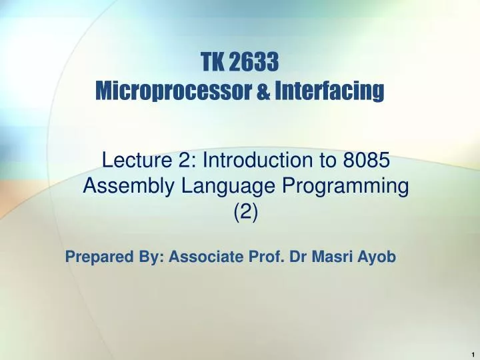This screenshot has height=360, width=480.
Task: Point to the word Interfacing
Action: pyautogui.click(x=329, y=89)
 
